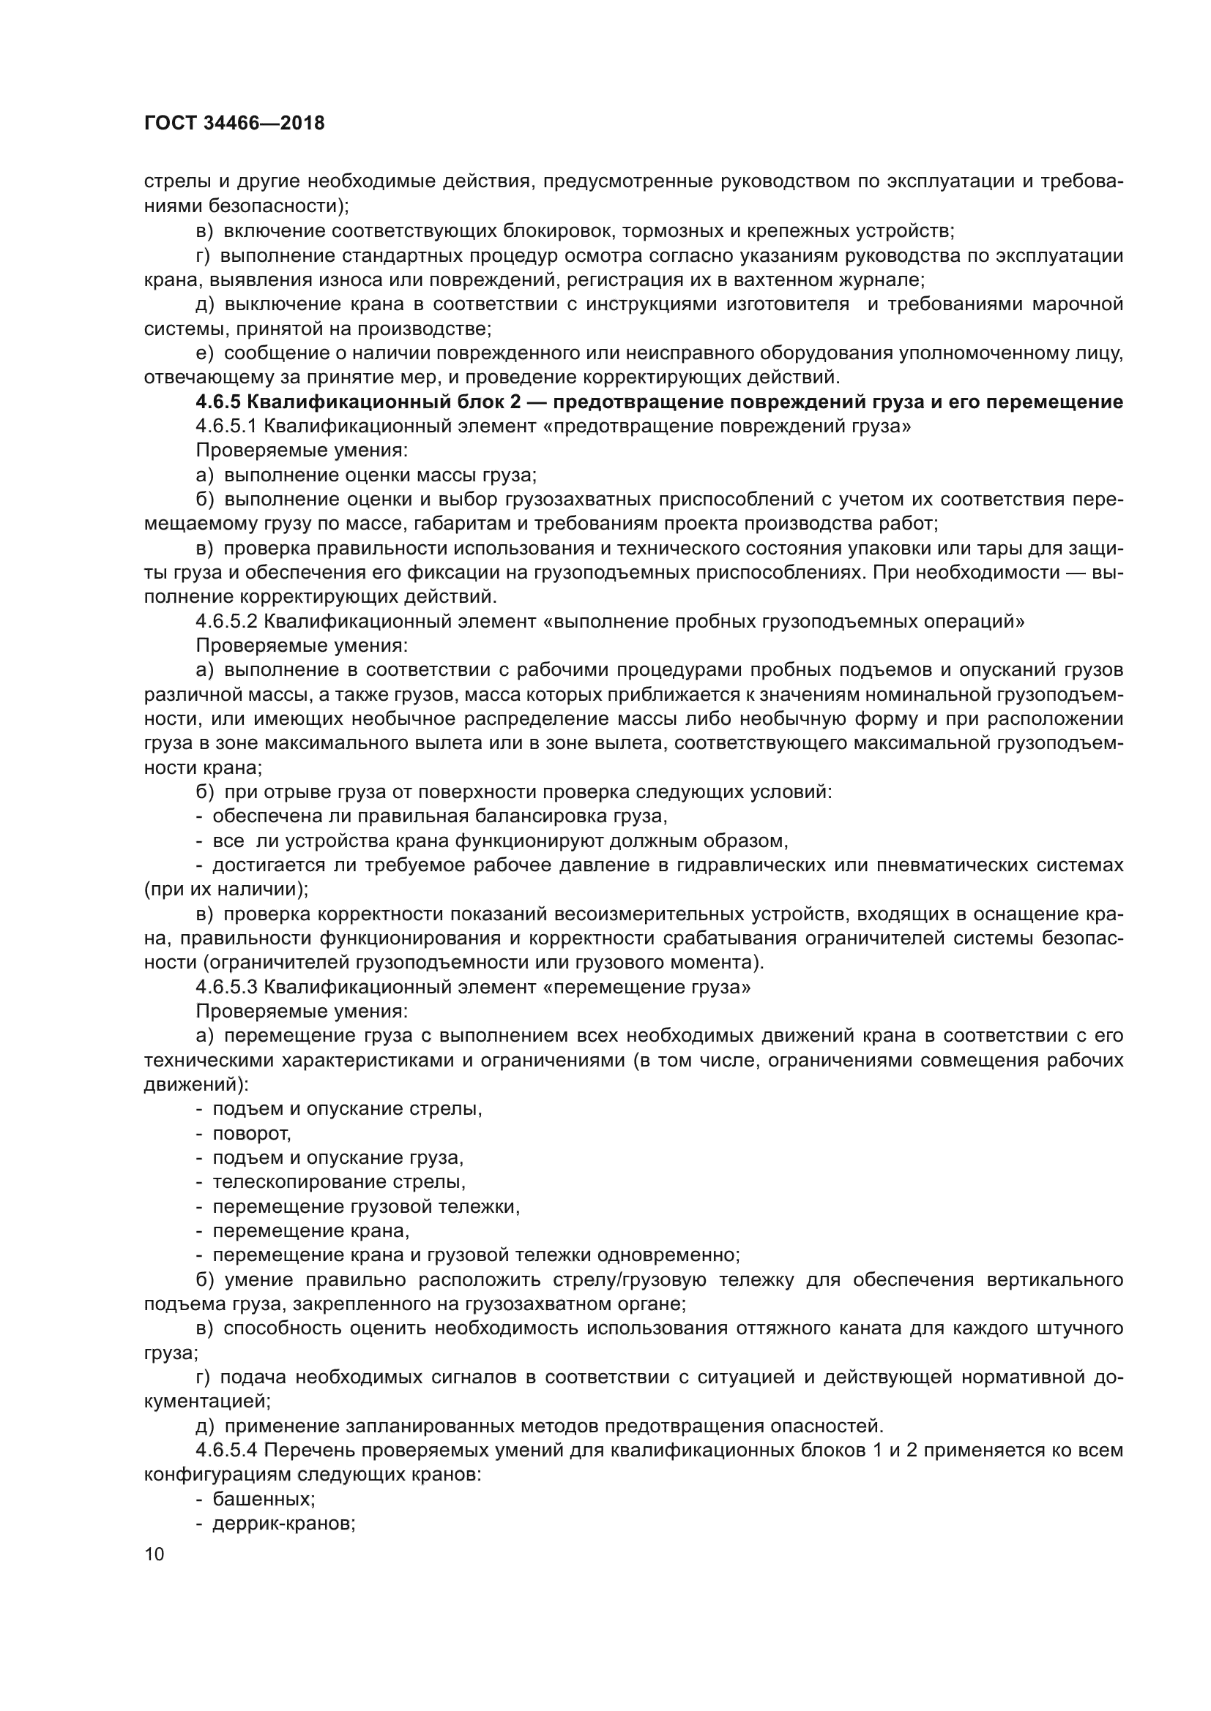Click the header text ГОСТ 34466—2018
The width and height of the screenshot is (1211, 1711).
(234, 124)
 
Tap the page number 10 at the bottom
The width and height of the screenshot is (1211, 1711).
(154, 1554)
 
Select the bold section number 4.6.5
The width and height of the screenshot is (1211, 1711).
(217, 402)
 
